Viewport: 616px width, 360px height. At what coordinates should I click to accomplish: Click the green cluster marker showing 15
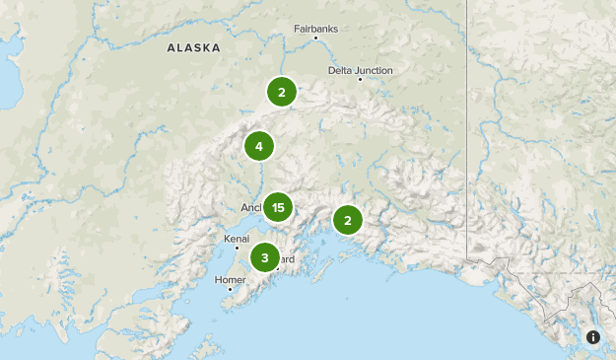point(278,207)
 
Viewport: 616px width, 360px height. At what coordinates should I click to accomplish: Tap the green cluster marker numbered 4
point(259,147)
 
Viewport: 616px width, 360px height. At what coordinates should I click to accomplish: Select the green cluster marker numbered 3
point(264,257)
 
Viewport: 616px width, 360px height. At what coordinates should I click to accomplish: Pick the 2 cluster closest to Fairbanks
point(282,93)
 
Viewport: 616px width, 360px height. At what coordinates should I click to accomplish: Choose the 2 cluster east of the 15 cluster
point(347,219)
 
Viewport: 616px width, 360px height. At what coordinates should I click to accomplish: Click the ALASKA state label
point(193,47)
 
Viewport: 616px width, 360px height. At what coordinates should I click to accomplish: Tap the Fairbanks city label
point(315,29)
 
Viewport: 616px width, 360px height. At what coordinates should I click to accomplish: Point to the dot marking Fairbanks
point(315,38)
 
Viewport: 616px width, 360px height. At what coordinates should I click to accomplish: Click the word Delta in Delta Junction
point(342,70)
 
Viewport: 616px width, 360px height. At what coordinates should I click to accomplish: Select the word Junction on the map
point(376,70)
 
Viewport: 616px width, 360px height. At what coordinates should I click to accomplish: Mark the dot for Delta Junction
point(360,80)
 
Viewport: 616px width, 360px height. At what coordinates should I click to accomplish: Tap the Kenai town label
point(237,239)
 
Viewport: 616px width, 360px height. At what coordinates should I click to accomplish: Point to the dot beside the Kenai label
point(237,248)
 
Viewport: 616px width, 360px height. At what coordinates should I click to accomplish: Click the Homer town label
point(229,280)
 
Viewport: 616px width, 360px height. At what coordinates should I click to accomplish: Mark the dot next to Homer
point(230,289)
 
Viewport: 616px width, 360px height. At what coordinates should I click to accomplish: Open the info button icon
point(593,337)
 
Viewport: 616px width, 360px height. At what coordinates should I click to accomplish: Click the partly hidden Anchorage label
point(250,208)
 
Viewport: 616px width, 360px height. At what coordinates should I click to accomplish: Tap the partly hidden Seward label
point(287,259)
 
